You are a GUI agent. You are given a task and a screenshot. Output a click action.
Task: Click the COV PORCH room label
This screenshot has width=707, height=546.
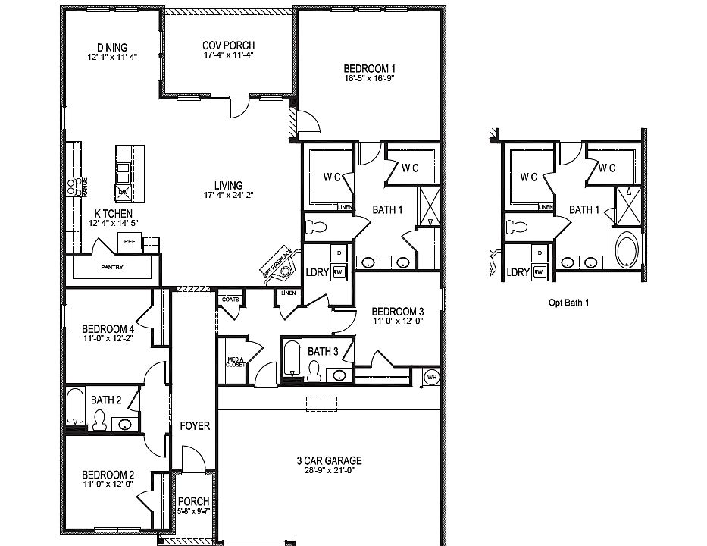coord(228,45)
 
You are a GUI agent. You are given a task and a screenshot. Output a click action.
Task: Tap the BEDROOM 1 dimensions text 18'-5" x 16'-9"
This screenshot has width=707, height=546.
coord(370,78)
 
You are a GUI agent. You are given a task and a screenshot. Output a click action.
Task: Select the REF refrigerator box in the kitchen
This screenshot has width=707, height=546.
coord(129,242)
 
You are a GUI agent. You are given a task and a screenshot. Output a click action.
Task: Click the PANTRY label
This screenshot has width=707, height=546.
coord(112,268)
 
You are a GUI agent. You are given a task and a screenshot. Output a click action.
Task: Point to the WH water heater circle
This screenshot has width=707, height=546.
coord(432,376)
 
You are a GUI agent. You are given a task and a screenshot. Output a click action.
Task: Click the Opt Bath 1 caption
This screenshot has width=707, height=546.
coord(568,302)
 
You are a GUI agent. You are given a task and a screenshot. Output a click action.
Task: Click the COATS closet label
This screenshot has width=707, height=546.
coord(230,300)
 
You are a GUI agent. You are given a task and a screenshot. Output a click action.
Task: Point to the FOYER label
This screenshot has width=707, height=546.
coord(195,426)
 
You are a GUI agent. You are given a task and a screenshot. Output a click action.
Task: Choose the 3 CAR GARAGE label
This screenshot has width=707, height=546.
coord(328,460)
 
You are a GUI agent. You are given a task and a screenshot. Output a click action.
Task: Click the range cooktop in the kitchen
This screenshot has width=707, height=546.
coord(74,186)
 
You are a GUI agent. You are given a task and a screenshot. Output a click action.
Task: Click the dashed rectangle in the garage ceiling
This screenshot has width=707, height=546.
coord(321,403)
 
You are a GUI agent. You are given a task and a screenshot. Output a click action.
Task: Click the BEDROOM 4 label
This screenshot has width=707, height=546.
coord(108,328)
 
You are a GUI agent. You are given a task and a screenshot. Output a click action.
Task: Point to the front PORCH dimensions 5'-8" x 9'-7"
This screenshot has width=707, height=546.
coord(192,511)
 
